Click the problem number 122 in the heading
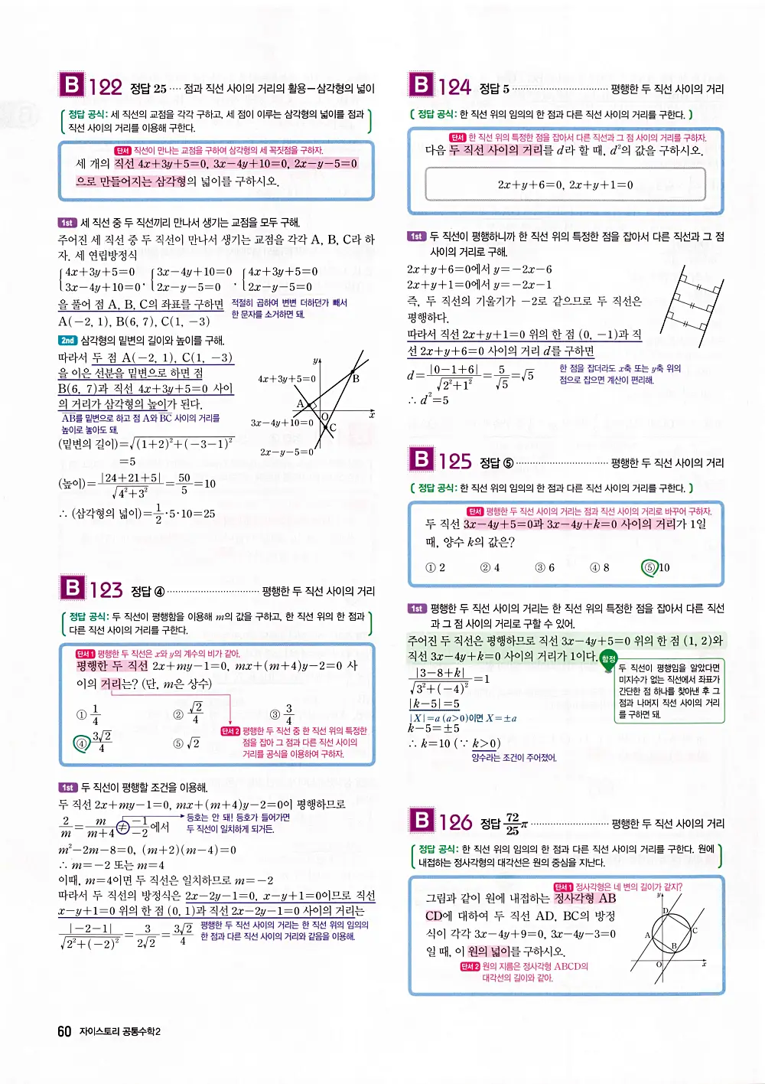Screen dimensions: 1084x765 tap(106, 87)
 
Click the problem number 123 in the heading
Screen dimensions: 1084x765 tap(106, 589)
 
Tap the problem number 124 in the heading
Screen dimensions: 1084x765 tap(454, 87)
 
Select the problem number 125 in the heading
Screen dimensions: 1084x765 tap(454, 461)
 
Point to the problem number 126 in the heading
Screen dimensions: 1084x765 tap(455, 822)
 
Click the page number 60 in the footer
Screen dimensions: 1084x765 tap(64, 1031)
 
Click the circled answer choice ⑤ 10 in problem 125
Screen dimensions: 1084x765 tap(656, 567)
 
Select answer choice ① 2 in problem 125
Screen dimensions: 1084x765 tap(435, 567)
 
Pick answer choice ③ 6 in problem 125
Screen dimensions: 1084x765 tap(545, 567)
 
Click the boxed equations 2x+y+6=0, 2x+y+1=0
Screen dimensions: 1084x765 tap(565, 184)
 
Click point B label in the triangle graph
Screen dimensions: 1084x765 tap(356, 377)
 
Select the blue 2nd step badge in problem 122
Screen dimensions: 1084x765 tap(67, 341)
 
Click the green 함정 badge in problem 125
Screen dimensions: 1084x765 tap(608, 658)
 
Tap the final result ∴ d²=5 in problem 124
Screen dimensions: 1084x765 tap(428, 400)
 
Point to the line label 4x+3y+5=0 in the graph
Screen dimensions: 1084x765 tap(286, 378)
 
